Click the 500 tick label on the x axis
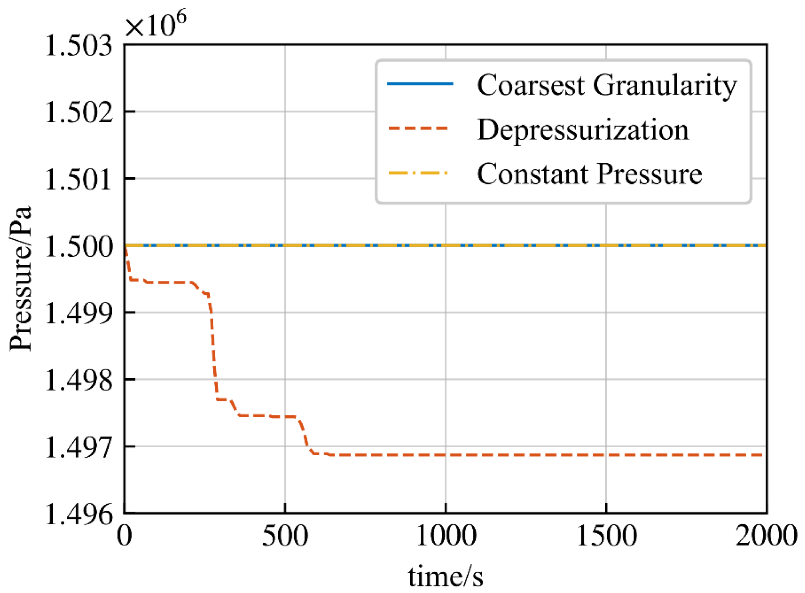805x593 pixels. [x=285, y=536]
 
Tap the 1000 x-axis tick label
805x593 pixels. [x=446, y=536]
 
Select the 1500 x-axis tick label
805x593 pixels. [x=606, y=536]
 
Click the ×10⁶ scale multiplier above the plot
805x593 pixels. [x=156, y=25]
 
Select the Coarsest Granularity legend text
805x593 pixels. [x=607, y=85]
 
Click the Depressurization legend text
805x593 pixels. [x=583, y=130]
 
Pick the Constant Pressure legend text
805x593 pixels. [x=589, y=174]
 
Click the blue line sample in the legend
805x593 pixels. [x=420, y=84]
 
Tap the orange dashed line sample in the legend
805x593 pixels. [x=418, y=129]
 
